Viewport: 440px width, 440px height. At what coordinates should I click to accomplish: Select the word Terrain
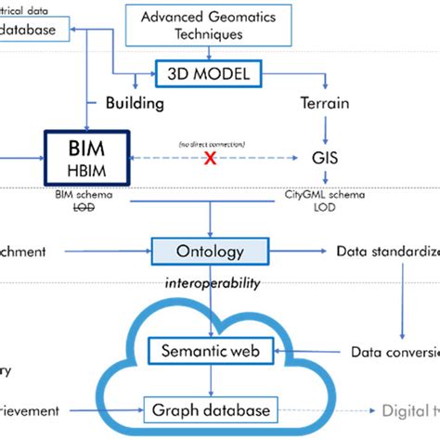coord(325,102)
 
